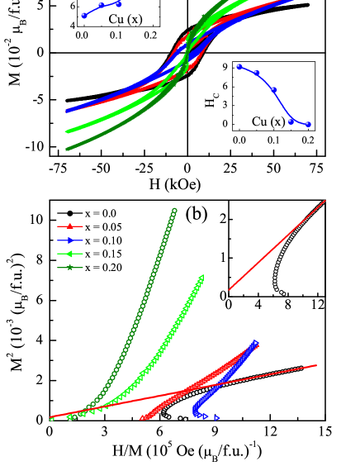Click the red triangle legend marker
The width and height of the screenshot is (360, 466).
pos(70,226)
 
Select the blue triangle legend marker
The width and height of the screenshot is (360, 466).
pos(70,240)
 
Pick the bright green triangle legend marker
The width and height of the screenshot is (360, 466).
pos(70,254)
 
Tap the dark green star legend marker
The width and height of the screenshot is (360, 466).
pos(70,268)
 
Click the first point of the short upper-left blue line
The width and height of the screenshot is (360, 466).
pos(83,15)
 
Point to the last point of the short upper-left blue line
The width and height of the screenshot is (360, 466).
pos(118,3)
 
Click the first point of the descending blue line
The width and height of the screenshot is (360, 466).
pos(239,66)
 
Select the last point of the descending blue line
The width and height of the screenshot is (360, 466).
pos(308,124)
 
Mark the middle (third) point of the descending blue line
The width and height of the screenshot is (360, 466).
pos(273,89)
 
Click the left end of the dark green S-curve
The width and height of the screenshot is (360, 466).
pos(67,149)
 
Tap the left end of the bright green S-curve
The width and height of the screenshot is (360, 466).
pos(67,131)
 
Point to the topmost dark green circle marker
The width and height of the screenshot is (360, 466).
pos(174,211)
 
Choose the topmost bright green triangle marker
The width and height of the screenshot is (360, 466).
pos(201,277)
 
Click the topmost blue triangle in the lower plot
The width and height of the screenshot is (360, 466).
pos(256,342)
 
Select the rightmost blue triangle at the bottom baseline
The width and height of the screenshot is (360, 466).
pos(217,418)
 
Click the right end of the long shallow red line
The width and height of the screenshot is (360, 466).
pos(316,365)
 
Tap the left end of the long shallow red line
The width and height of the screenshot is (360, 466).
pos(51,417)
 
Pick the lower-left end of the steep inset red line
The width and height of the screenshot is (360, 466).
pos(230,289)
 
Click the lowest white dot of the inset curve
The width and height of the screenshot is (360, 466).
pos(283,293)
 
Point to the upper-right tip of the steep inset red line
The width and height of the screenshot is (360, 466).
pos(325,201)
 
